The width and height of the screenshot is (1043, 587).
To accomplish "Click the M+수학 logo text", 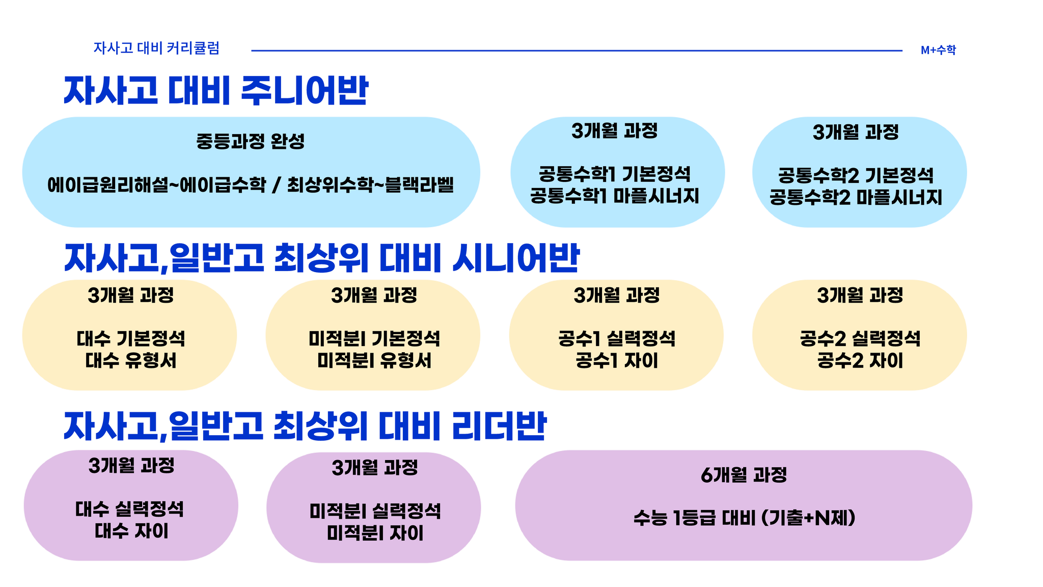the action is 938,50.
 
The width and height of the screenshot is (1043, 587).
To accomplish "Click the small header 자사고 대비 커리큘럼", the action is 156,48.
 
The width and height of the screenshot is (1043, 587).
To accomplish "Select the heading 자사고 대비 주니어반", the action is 215,91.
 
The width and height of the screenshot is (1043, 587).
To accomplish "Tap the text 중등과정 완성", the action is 250,141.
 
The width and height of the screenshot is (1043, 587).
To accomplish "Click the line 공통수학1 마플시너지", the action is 615,196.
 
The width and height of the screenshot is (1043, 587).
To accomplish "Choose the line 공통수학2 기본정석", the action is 856,176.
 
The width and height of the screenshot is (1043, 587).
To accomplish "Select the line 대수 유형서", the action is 131,361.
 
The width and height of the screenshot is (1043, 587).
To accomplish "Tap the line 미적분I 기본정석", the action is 374,339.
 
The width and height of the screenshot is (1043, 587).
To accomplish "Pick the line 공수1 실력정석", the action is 617,339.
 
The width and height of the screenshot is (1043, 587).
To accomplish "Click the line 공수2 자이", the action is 860,361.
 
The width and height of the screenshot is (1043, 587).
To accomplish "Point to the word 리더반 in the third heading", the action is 500,426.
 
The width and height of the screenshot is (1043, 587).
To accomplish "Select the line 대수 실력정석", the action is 130,509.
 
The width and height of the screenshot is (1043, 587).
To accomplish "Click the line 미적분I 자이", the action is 375,533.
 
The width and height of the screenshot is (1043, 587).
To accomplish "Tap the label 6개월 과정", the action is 744,475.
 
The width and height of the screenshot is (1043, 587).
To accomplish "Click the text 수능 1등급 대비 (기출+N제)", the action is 745,518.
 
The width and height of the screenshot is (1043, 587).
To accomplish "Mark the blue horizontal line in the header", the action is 577,50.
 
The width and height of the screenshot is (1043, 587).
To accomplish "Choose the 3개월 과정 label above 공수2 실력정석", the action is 860,296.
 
